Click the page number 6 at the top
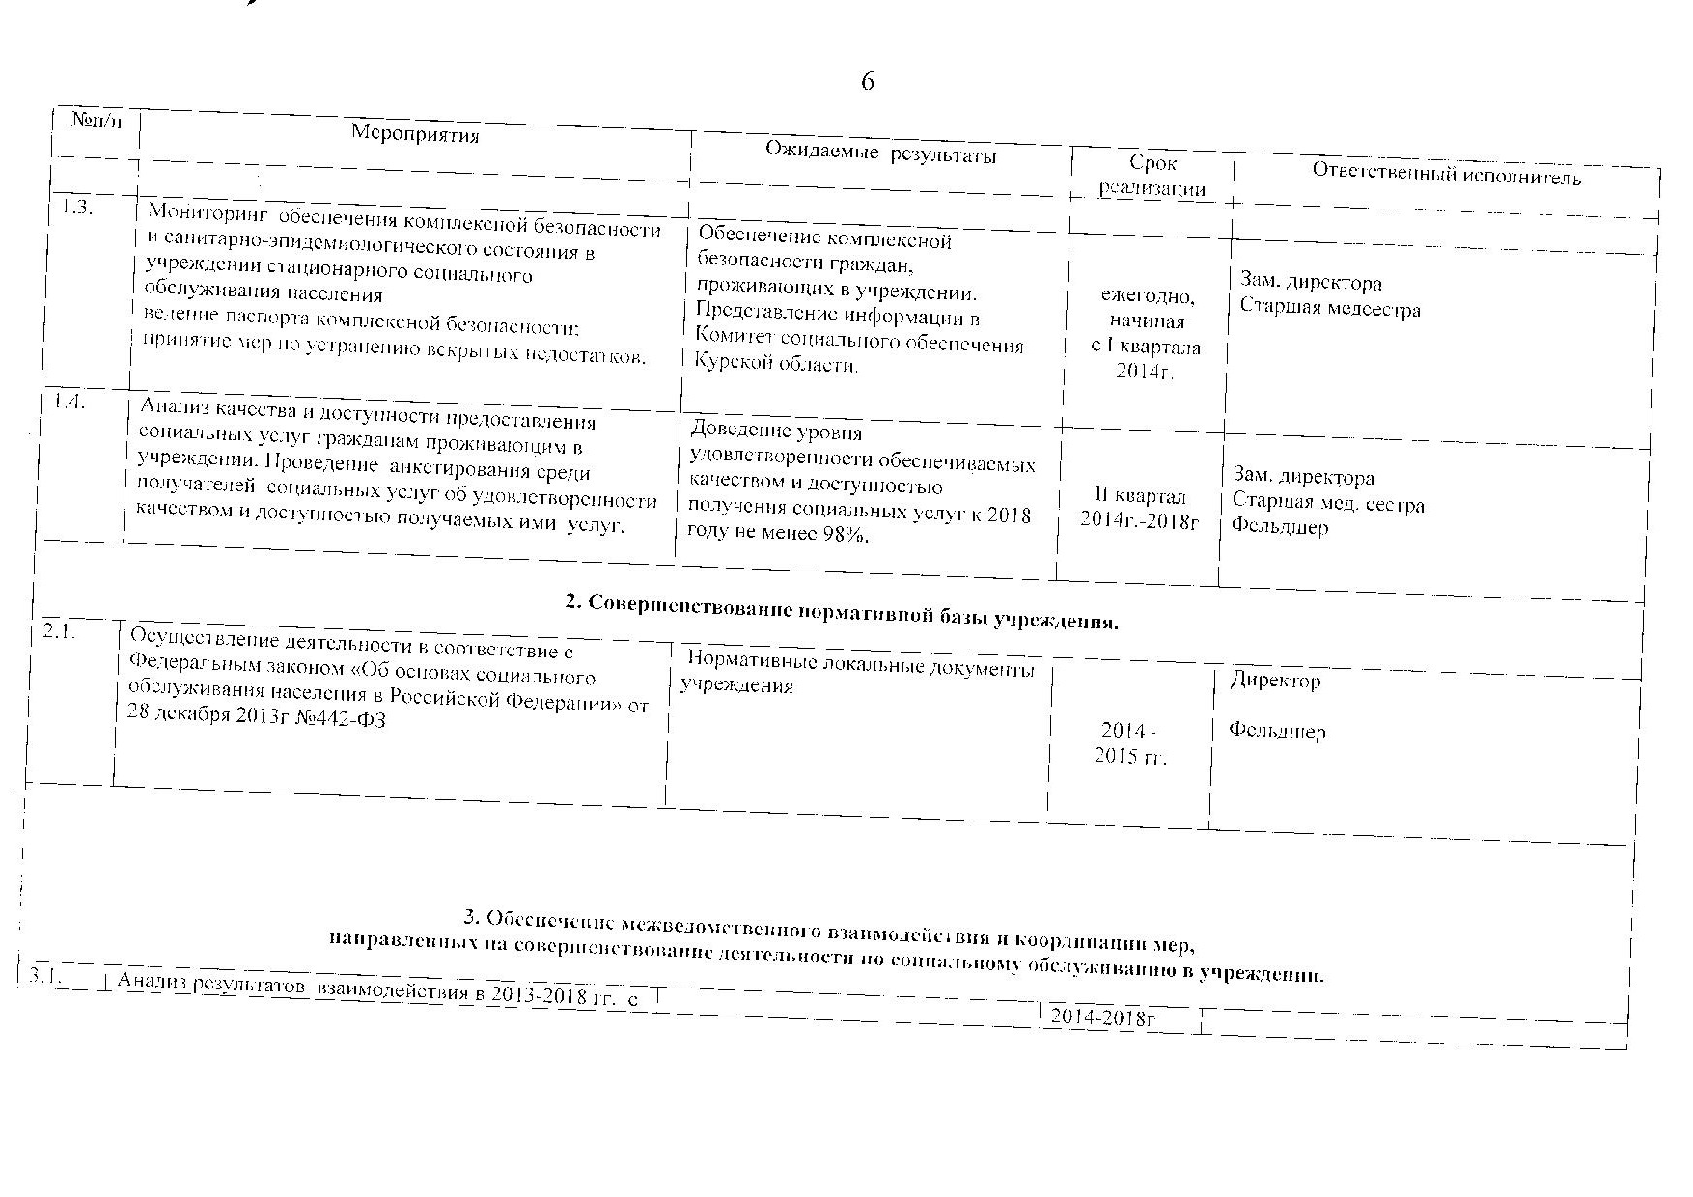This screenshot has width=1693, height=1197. pyautogui.click(x=867, y=82)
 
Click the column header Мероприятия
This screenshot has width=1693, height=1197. pyautogui.click(x=415, y=133)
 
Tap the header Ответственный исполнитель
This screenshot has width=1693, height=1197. pyautogui.click(x=1446, y=175)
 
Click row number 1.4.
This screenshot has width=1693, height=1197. pyautogui.click(x=69, y=403)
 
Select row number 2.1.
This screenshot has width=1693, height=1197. pyautogui.click(x=61, y=634)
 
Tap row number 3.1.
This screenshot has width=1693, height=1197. pyautogui.click(x=44, y=977)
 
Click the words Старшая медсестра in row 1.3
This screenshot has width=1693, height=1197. pyautogui.click(x=1330, y=310)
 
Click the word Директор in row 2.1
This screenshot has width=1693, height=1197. pyautogui.click(x=1275, y=681)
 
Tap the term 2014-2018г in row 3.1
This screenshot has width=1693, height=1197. pyautogui.click(x=1103, y=1017)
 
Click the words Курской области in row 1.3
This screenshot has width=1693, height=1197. pyautogui.click(x=775, y=365)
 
